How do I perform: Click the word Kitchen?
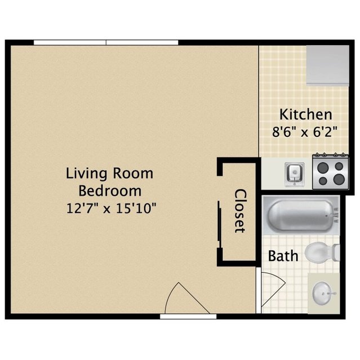pyautogui.click(x=305, y=114)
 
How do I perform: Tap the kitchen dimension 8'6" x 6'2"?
pyautogui.click(x=305, y=132)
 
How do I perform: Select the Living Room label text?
pyautogui.click(x=109, y=174)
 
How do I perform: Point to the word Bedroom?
pyautogui.click(x=110, y=191)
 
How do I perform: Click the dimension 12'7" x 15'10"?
pyautogui.click(x=111, y=208)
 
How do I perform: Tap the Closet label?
pyautogui.click(x=241, y=211)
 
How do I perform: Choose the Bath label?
pyautogui.click(x=283, y=256)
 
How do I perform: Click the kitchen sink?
pyautogui.click(x=295, y=174)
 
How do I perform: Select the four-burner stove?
pyautogui.click(x=330, y=172)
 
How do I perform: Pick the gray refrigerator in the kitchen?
pyautogui.click(x=328, y=65)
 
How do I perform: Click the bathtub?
pyautogui.click(x=301, y=215)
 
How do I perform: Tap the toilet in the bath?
pyautogui.click(x=322, y=252)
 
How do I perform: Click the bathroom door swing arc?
pyautogui.click(x=273, y=289)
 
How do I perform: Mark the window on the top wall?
pyautogui.click(x=106, y=42)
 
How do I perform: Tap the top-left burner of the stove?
pyautogui.click(x=323, y=167)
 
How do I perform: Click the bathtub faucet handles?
pyautogui.click(x=336, y=215)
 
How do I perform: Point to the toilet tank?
pyautogui.click(x=336, y=252)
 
